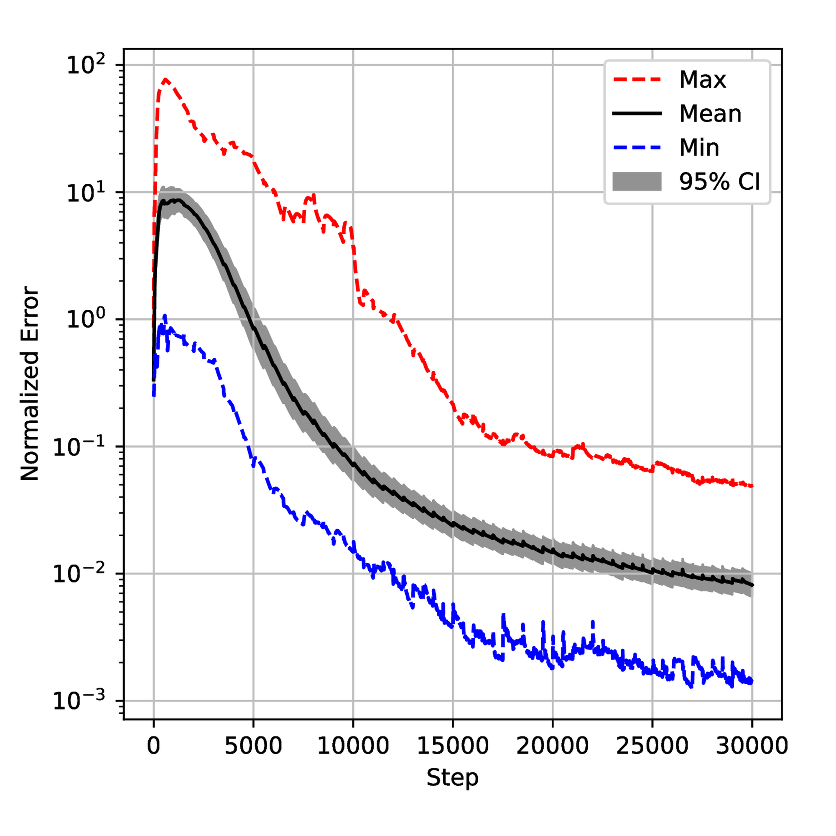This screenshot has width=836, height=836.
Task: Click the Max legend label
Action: tap(702, 80)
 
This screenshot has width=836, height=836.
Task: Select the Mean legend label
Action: tap(710, 114)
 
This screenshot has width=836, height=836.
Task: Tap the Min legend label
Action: tap(699, 148)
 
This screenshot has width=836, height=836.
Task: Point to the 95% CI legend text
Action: tap(719, 181)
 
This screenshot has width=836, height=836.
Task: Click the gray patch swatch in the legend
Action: tap(637, 181)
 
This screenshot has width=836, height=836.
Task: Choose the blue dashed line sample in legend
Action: tap(637, 148)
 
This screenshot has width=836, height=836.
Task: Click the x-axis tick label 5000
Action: tap(253, 746)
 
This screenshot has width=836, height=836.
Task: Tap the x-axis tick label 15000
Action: tap(453, 746)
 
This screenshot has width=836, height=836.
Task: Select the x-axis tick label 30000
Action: tap(752, 746)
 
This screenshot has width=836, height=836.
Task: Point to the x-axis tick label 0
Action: tap(153, 746)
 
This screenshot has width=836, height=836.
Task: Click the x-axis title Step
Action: tap(453, 777)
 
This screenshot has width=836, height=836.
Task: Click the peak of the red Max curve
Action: tap(165, 79)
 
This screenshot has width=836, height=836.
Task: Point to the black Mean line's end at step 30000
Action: tap(752, 586)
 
